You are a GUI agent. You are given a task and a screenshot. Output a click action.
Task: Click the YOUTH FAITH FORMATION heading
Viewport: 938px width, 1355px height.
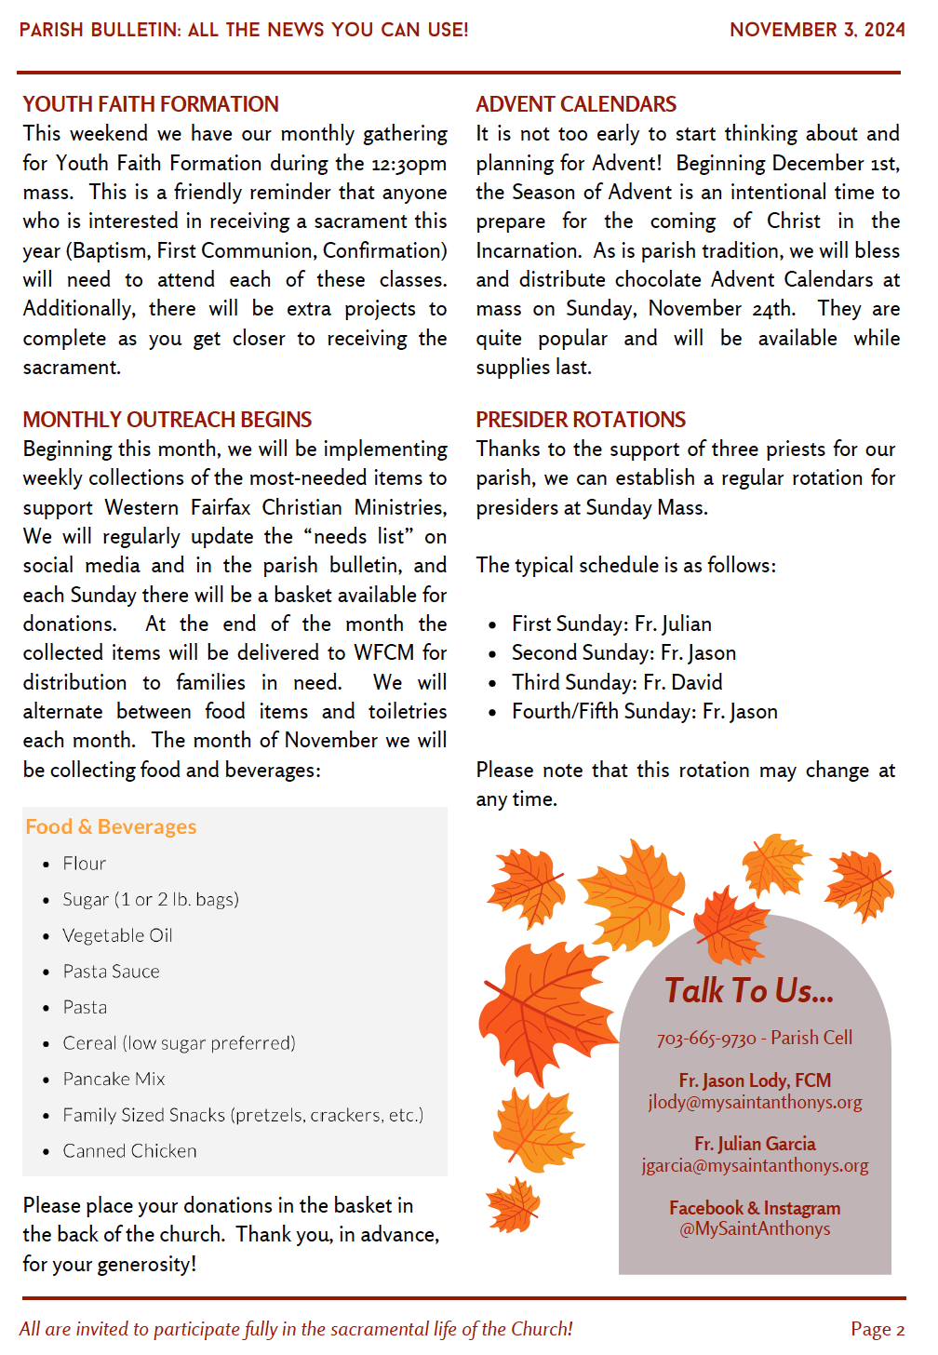point(151,104)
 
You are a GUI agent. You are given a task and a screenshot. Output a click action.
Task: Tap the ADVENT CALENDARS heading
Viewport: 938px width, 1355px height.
point(576,104)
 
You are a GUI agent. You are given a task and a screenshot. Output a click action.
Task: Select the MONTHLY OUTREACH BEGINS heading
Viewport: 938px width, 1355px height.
point(167,420)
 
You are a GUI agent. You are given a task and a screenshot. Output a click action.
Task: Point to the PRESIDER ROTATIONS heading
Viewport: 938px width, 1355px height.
point(581,420)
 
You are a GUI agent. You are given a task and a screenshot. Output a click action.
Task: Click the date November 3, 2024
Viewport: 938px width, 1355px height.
point(817,30)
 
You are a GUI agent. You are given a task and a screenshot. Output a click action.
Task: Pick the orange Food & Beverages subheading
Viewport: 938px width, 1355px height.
point(111,826)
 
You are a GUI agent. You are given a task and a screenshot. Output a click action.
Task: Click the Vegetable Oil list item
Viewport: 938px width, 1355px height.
point(117,935)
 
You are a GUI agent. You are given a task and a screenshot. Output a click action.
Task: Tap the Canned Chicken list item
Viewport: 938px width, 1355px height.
point(129,1151)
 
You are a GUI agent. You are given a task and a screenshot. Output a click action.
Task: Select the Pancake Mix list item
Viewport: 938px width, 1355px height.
point(114,1080)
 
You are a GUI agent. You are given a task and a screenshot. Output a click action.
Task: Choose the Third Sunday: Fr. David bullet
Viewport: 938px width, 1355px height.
point(617,682)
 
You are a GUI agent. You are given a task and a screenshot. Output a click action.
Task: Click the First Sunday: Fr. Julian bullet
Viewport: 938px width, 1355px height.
point(611,624)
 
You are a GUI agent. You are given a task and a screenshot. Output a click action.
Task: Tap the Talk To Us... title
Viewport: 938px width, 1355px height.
point(749,991)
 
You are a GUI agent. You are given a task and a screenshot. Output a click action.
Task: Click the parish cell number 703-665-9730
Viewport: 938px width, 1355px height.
point(706,1039)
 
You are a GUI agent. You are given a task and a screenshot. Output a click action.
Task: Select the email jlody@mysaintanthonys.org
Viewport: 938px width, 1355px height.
point(755,1103)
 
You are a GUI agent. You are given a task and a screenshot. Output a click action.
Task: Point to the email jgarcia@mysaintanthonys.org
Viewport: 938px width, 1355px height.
point(755,1165)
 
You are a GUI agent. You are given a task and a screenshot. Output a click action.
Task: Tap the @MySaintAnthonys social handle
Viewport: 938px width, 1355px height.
point(755,1228)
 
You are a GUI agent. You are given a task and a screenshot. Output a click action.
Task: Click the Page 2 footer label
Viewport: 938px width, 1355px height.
point(877,1329)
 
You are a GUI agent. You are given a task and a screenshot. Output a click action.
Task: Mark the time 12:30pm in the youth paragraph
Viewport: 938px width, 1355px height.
point(409,164)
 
